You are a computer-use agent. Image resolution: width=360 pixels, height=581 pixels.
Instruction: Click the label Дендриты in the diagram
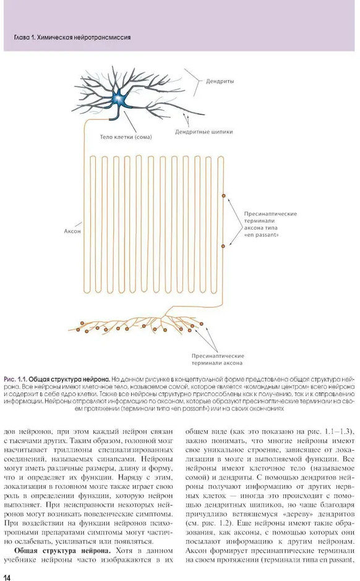pyautogui.click(x=220, y=81)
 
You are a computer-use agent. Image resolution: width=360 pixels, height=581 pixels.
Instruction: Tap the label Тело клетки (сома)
pyautogui.click(x=126, y=137)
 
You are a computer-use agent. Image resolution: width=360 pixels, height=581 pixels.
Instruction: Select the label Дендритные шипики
pyautogui.click(x=204, y=132)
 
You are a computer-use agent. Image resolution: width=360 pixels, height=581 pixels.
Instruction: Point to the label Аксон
pyautogui.click(x=72, y=231)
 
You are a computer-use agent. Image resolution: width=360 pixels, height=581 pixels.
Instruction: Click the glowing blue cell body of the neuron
pyautogui.click(x=119, y=98)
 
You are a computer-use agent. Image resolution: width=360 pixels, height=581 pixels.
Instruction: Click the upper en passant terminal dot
pyautogui.click(x=223, y=195)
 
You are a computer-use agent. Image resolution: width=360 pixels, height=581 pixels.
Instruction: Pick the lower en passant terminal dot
pyautogui.click(x=223, y=246)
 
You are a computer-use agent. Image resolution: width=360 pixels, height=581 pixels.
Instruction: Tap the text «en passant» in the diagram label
pyautogui.click(x=262, y=235)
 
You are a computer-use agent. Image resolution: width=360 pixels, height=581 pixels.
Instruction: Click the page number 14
pyautogui.click(x=7, y=577)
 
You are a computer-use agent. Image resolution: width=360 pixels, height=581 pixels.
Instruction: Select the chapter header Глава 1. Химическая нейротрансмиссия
pyautogui.click(x=72, y=37)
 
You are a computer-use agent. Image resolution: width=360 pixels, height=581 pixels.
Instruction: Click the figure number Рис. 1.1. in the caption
pyautogui.click(x=15, y=380)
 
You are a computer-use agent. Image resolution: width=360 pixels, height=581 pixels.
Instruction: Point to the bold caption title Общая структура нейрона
pyautogui.click(x=69, y=380)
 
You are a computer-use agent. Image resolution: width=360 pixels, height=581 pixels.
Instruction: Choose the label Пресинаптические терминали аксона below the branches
pyautogui.click(x=218, y=360)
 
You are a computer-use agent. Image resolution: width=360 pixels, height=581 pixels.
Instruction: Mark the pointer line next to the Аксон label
pyautogui.click(x=78, y=224)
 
